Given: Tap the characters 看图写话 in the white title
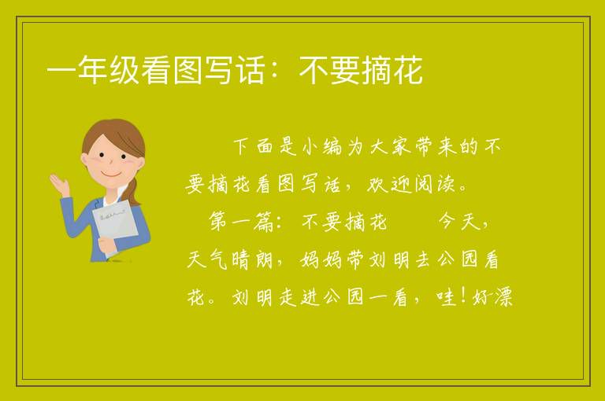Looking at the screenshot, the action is [x=203, y=70].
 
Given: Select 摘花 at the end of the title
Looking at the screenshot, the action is [x=392, y=70].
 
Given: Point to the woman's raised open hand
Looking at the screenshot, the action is [x=59, y=184].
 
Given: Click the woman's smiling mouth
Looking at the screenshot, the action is [x=111, y=175].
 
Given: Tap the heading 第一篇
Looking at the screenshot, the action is [x=241, y=222].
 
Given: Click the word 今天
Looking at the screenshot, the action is [x=459, y=222].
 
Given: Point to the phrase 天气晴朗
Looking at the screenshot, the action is [x=230, y=259].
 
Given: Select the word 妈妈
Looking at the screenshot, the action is [x=321, y=259].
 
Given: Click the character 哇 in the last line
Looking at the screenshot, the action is [x=447, y=296].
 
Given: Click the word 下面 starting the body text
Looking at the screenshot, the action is [x=254, y=147].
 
